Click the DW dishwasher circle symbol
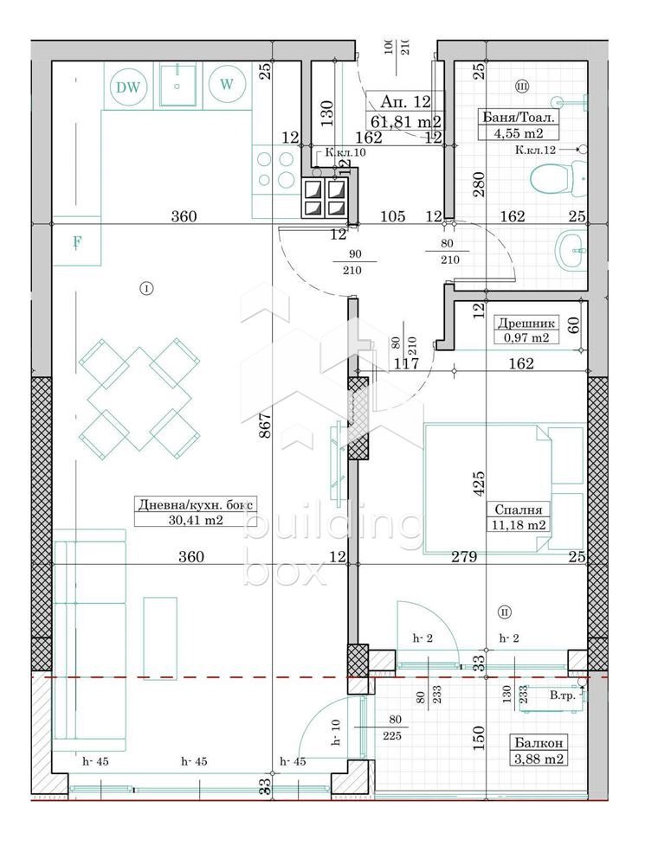128,86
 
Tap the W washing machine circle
227,85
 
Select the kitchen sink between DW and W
177,85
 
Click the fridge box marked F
76,242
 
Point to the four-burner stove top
274,170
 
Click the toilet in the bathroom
551,180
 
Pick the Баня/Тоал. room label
517,117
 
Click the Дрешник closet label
523,324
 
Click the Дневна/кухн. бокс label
197,505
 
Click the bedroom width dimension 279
464,558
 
